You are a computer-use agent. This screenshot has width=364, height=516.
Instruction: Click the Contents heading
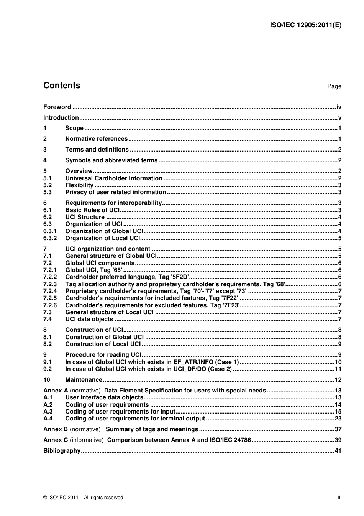tap(62, 86)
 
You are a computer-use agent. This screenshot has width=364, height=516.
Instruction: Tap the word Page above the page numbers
tap(334, 86)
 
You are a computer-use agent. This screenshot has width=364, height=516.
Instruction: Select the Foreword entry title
tap(57, 107)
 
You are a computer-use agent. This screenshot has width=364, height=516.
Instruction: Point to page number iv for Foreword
tap(339, 107)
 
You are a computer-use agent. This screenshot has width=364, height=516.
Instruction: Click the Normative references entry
tap(96, 139)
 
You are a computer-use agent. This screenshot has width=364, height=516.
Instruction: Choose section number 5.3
tap(48, 192)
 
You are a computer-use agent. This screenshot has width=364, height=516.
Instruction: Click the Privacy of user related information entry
tap(115, 192)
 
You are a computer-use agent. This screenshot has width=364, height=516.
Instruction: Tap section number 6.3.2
tap(50, 238)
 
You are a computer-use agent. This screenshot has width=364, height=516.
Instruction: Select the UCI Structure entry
tap(85, 217)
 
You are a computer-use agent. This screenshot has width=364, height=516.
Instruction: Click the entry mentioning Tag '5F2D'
tap(127, 277)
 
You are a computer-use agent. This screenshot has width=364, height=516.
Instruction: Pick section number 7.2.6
tap(50, 305)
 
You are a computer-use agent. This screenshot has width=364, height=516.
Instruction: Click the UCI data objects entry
tap(89, 319)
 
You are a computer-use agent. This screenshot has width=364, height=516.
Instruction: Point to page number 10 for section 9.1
tap(338, 362)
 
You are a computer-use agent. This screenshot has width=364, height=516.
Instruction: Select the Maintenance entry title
tap(84, 380)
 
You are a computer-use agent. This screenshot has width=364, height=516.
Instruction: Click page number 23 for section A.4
tap(338, 419)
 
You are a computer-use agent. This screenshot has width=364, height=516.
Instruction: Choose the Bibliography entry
tap(62, 451)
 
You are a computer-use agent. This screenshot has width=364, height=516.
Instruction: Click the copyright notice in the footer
tap(83, 498)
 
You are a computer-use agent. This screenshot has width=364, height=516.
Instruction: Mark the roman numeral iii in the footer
tap(339, 497)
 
